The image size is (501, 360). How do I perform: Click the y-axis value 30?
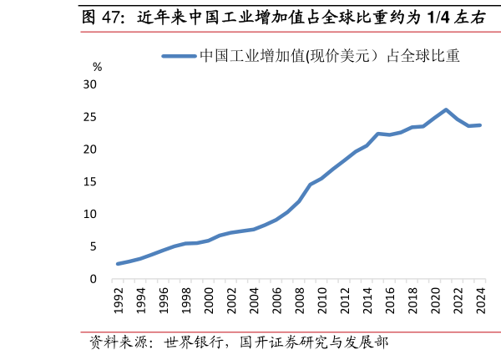(x=90, y=84)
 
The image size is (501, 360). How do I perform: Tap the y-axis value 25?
(x=90, y=117)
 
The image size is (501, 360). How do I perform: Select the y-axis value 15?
(x=90, y=181)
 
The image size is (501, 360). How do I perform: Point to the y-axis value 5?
(x=94, y=246)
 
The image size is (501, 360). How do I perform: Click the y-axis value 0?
(x=94, y=279)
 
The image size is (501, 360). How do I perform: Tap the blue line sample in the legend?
(x=179, y=57)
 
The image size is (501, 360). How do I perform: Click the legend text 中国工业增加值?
(x=251, y=57)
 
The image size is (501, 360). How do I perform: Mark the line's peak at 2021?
(x=446, y=109)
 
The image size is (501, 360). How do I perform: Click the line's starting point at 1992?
(x=119, y=264)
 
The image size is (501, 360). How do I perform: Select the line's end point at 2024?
(x=480, y=125)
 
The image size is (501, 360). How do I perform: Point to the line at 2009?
(x=311, y=185)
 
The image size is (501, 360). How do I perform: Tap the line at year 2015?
(x=378, y=134)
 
